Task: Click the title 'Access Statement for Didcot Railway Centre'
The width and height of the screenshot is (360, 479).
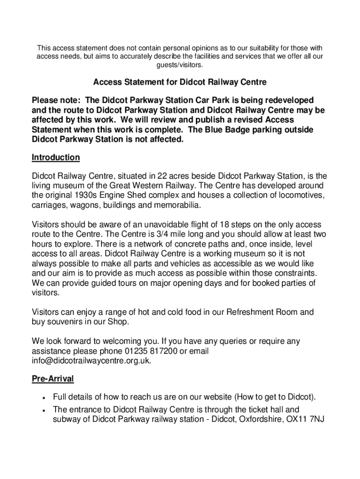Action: tap(180, 82)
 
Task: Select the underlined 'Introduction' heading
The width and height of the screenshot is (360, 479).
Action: tap(56, 157)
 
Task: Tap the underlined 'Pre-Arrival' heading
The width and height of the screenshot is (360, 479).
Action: tap(52, 378)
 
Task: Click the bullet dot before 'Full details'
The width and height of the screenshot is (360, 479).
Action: tap(43, 398)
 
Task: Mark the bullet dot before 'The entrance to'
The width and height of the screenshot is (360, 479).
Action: tap(43, 410)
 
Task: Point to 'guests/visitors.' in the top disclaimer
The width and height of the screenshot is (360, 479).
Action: tap(180, 65)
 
